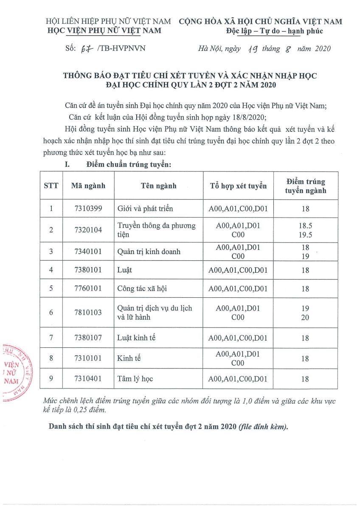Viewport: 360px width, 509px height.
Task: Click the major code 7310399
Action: [88, 208]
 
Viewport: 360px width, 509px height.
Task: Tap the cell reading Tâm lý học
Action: [135, 379]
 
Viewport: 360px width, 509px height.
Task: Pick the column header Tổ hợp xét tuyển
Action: [238, 186]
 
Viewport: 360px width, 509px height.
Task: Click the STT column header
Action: [51, 186]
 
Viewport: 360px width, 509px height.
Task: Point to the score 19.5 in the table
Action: [305, 235]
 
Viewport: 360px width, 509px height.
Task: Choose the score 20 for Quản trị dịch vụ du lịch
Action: [305, 317]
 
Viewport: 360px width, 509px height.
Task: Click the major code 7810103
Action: [88, 313]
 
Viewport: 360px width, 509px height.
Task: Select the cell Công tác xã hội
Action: [142, 288]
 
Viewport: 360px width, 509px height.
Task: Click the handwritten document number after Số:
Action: [87, 48]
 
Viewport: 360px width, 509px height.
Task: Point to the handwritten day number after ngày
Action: [250, 48]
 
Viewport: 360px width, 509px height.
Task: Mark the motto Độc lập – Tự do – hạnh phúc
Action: [275, 31]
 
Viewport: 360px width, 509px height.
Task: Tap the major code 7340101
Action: [88, 252]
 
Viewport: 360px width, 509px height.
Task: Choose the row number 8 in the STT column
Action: [51, 358]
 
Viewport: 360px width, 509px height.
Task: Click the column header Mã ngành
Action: [88, 186]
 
